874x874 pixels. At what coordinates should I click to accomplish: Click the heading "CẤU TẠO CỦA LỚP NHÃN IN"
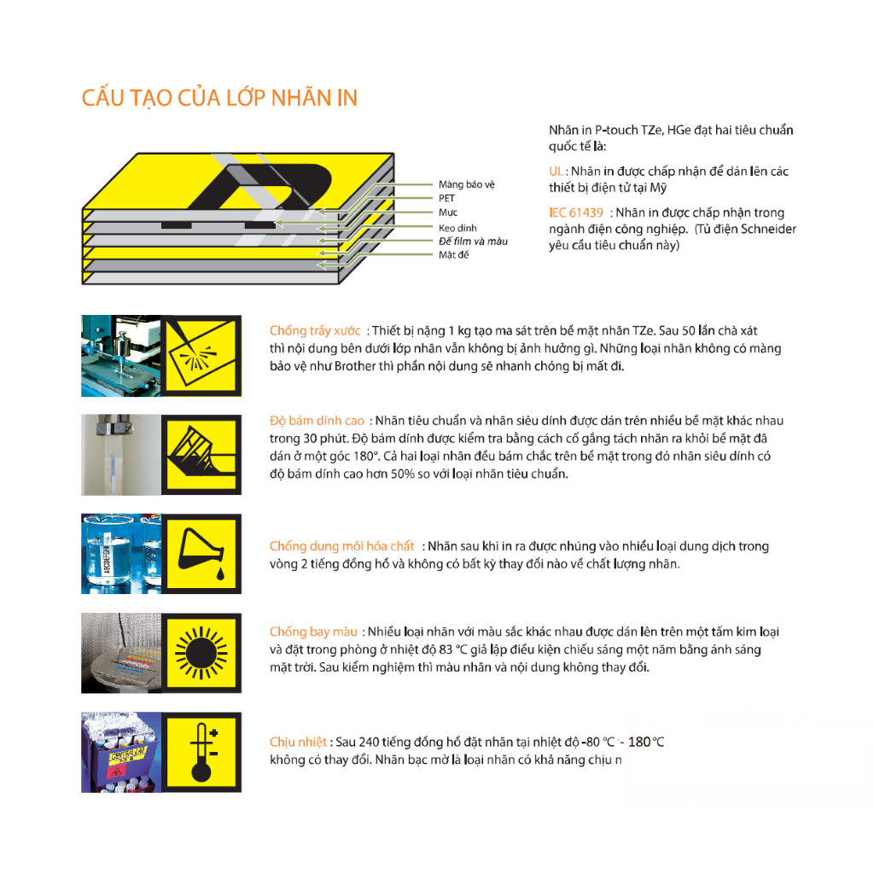(219, 98)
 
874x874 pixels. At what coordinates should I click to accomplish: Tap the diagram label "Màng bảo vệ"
(467, 184)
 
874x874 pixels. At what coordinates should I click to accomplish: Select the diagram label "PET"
(446, 198)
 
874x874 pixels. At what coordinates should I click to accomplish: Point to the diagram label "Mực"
(447, 213)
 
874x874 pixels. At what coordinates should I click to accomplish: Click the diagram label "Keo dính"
(457, 228)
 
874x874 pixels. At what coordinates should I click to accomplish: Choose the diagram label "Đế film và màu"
(473, 242)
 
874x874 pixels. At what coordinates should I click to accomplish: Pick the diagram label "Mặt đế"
(453, 254)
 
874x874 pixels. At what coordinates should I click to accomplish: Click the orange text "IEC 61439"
(576, 213)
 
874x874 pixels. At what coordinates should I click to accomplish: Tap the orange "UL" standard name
(556, 171)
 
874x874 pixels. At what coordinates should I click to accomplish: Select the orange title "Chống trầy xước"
(315, 330)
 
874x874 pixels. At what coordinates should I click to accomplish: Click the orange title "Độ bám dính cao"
(317, 421)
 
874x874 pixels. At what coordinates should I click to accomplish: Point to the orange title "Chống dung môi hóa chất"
(341, 546)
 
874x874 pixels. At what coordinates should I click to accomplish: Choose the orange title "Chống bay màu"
(313, 632)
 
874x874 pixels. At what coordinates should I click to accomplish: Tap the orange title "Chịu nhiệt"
(298, 743)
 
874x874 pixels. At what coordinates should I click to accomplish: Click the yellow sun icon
(201, 653)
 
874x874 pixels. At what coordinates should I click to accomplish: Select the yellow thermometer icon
(201, 752)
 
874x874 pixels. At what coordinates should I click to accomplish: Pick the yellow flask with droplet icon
(201, 553)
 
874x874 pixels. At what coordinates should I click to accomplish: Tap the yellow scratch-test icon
(201, 356)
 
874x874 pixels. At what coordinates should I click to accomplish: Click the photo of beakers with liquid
(121, 553)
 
